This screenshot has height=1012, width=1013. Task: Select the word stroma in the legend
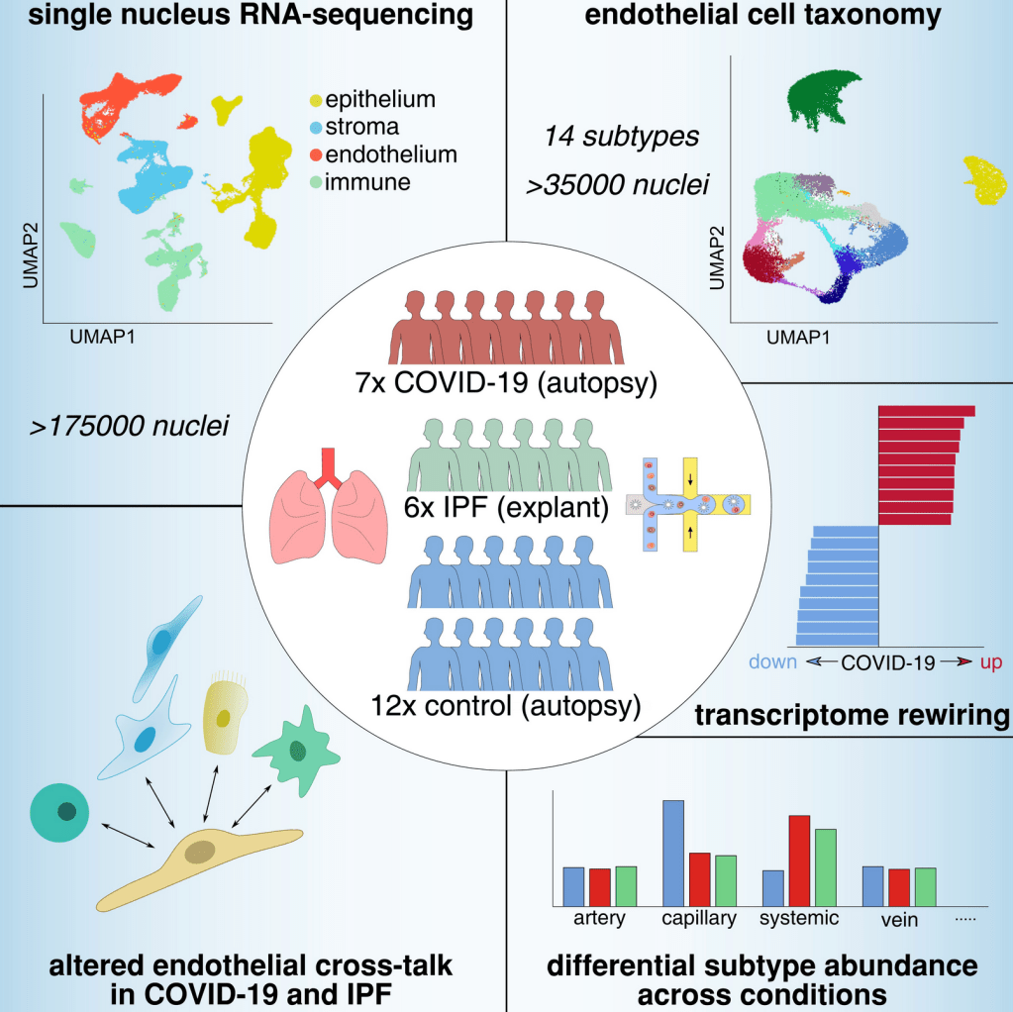tap(362, 127)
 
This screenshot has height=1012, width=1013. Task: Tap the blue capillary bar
tap(673, 851)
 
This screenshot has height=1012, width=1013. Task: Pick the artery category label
tap(599, 919)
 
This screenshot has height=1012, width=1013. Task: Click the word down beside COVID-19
tap(772, 662)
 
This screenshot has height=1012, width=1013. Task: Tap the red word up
tap(990, 662)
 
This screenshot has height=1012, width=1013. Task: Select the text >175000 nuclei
tap(129, 427)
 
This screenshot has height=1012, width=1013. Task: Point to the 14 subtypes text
tap(621, 137)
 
